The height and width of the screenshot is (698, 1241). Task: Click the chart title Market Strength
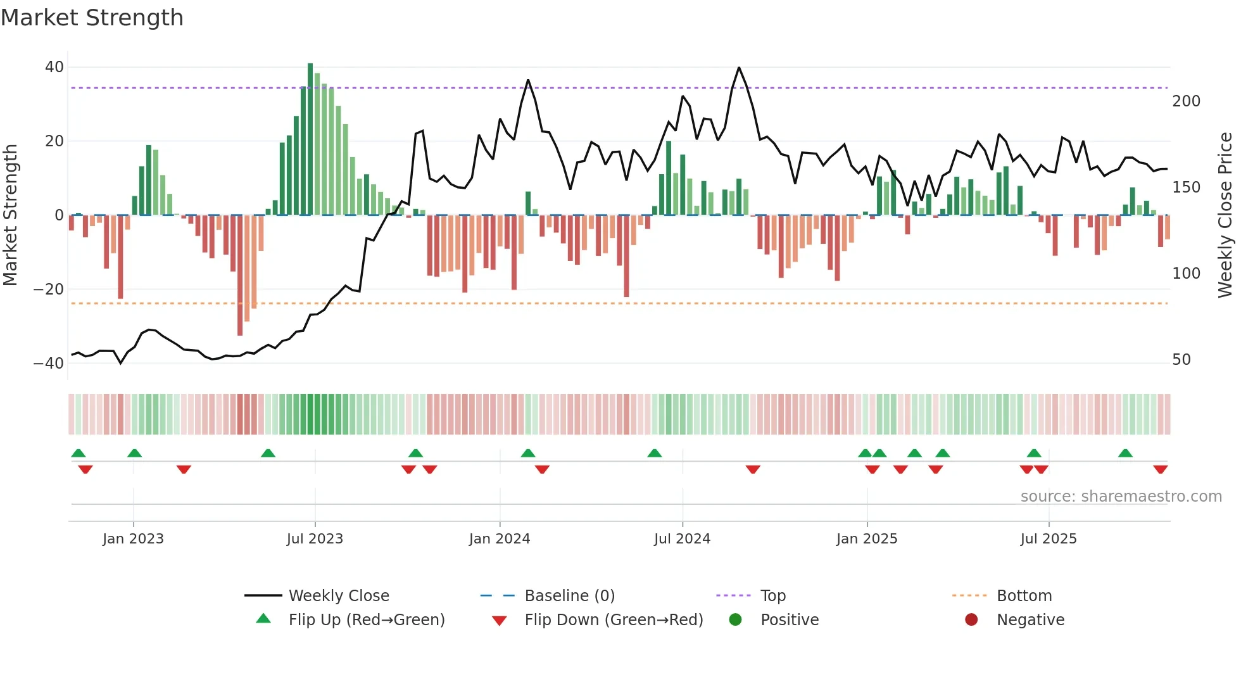pyautogui.click(x=92, y=18)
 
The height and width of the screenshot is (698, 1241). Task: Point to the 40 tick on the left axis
pyautogui.click(x=54, y=67)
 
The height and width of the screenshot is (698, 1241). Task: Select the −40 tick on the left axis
pyautogui.click(x=49, y=364)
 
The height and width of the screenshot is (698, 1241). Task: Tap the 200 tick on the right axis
pyautogui.click(x=1186, y=101)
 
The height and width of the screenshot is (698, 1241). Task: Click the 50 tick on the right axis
pyautogui.click(x=1181, y=360)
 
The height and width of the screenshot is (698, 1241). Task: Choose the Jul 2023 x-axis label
pyautogui.click(x=315, y=539)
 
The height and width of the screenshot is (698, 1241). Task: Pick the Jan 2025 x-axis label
pyautogui.click(x=866, y=539)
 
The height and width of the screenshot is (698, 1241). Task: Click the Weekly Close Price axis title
pyautogui.click(x=1225, y=215)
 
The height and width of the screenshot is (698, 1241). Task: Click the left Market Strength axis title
pyautogui.click(x=11, y=215)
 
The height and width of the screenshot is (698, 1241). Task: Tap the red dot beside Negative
pyautogui.click(x=971, y=619)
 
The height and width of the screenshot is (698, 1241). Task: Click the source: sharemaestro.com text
pyautogui.click(x=1121, y=497)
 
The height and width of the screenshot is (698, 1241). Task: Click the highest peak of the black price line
pyautogui.click(x=738, y=68)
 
